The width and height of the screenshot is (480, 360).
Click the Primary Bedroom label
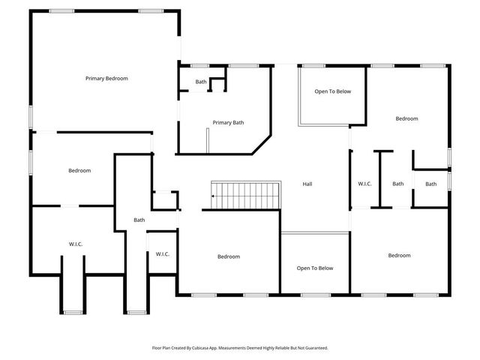106,78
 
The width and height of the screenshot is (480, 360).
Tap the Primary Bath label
228,123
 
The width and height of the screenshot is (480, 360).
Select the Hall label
307,184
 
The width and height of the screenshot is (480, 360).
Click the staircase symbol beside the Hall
246,195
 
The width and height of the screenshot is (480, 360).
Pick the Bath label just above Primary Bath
201,82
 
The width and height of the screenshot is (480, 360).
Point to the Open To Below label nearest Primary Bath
332,91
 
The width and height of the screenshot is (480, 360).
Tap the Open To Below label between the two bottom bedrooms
315,268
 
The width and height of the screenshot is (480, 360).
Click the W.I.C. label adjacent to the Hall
364,184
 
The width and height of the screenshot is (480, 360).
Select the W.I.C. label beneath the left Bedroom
76,243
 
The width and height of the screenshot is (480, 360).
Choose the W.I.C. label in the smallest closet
163,254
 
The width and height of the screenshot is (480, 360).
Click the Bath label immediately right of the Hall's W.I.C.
397,184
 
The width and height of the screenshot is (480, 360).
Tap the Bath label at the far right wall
431,184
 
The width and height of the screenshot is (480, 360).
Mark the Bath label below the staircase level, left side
139,220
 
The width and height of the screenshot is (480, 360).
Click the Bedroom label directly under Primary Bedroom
79,170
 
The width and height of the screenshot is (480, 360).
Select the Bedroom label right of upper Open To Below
406,118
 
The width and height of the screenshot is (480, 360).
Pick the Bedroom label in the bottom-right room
399,256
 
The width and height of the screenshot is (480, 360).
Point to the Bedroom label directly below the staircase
229,256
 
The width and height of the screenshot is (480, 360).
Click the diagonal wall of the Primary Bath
261,145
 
